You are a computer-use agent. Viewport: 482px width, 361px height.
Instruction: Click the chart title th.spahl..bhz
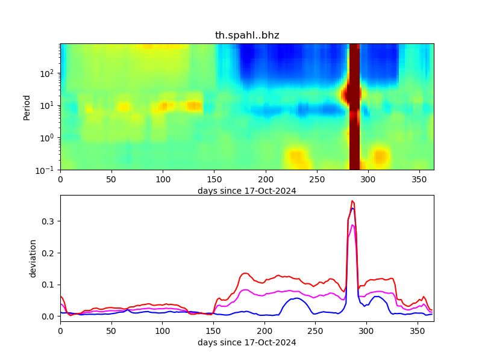point(247,35)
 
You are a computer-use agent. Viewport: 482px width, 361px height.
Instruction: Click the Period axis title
point(27,106)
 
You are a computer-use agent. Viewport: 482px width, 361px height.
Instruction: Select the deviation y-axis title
point(34,258)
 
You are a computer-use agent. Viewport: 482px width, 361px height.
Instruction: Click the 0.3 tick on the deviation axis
point(49,221)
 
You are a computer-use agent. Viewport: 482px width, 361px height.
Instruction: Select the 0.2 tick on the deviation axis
point(49,253)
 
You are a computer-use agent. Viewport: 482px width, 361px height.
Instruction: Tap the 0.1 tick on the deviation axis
point(49,285)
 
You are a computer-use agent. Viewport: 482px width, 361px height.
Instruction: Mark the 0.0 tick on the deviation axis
point(49,316)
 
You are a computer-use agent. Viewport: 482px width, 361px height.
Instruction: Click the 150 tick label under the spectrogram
point(214,179)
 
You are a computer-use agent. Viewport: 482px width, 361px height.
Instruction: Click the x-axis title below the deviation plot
point(247,343)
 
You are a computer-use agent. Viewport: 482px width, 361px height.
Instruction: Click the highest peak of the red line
point(352,201)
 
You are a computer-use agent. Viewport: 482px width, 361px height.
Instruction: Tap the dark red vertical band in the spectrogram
point(354,106)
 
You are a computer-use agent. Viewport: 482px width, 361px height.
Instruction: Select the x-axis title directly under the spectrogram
point(247,191)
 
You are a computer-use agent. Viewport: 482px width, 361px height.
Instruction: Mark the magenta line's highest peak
point(352,225)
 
